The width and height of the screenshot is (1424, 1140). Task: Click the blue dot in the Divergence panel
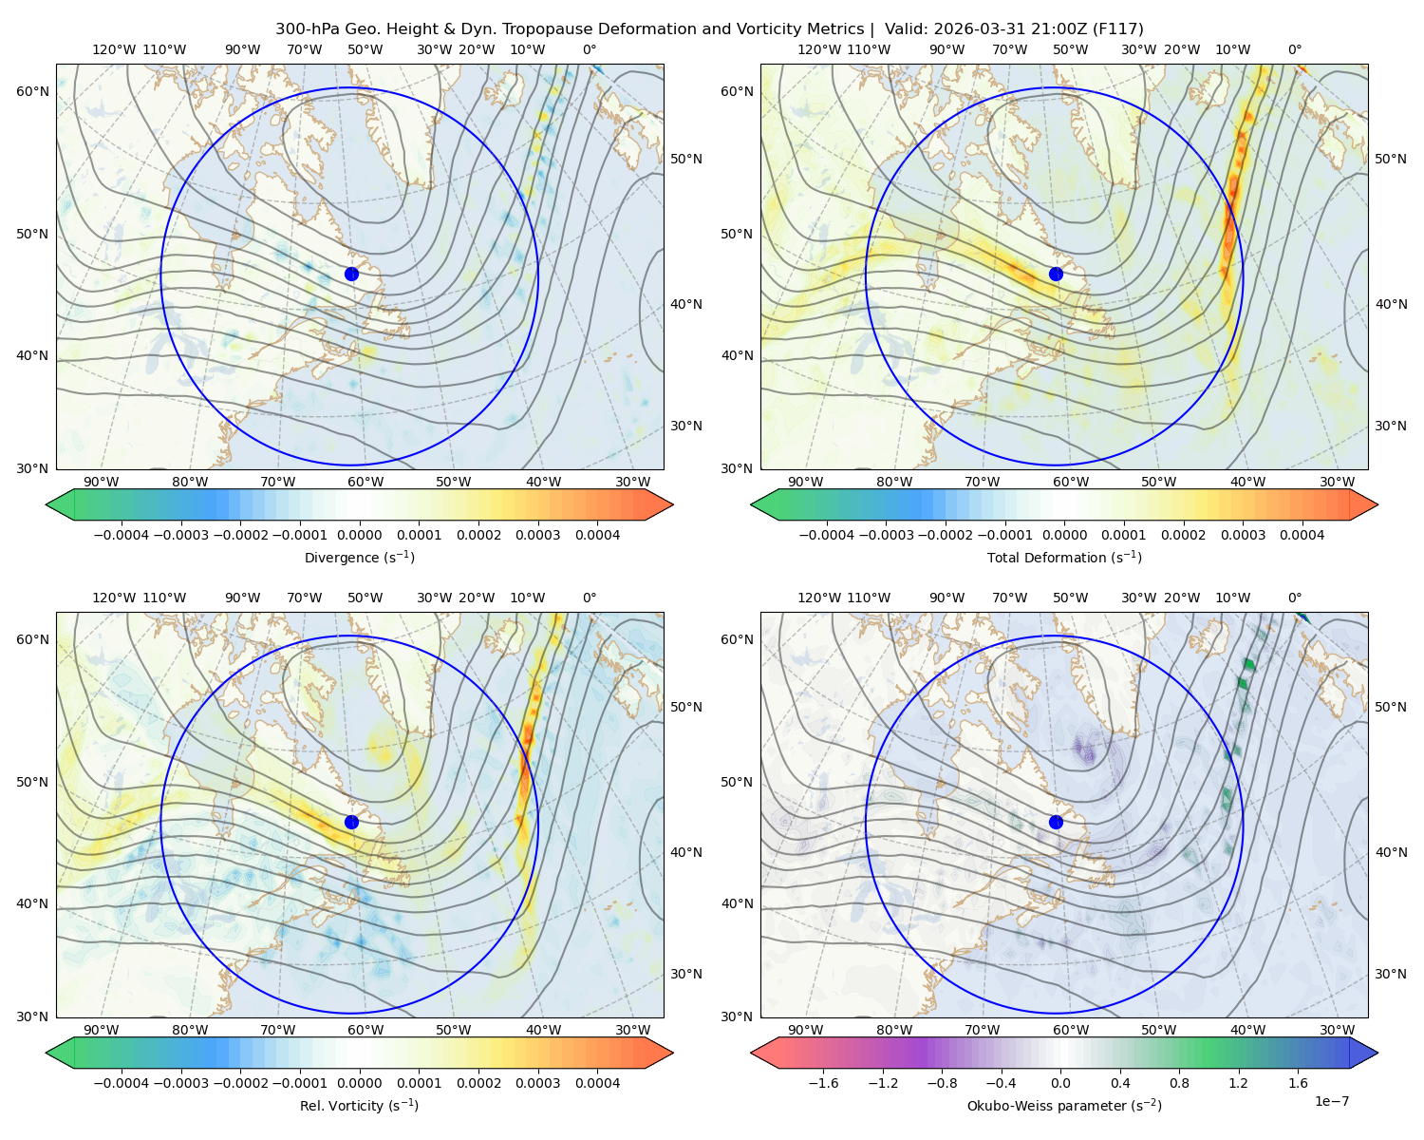coord(351,275)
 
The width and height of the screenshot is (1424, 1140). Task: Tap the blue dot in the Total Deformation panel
coord(1056,275)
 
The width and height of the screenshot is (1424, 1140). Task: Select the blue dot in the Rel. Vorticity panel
coord(351,822)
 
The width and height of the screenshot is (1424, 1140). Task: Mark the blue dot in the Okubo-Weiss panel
coord(1056,822)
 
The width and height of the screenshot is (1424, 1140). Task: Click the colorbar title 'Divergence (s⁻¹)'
coord(359,557)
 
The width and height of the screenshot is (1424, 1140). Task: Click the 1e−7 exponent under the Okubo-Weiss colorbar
coord(1331,1101)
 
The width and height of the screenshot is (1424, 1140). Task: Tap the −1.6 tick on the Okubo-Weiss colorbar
coord(823,1083)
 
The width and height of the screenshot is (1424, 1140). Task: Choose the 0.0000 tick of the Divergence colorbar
coord(359,535)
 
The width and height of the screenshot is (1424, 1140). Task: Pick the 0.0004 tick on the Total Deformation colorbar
coord(1302,535)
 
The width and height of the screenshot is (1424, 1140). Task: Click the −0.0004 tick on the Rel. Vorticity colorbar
coord(122,1083)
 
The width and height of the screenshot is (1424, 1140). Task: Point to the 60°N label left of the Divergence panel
coord(32,91)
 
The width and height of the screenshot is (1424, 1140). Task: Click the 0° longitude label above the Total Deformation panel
coord(1294,49)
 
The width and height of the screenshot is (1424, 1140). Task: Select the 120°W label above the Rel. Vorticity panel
coord(114,598)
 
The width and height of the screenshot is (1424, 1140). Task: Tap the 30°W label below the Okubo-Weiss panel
coord(1338,1030)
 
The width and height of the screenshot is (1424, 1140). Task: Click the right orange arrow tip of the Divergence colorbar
coord(672,504)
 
